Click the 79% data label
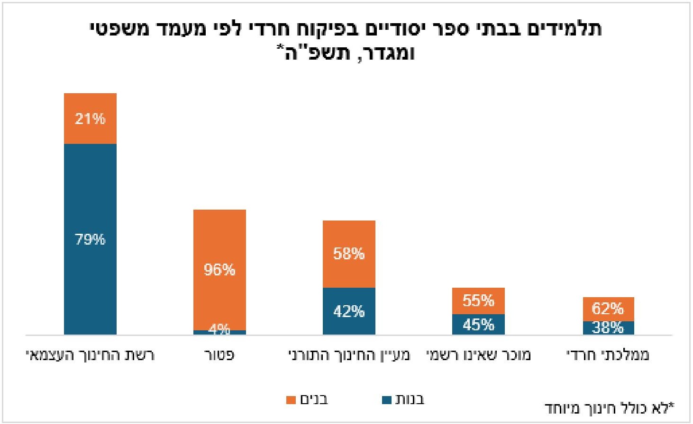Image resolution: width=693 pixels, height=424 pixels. point(90,239)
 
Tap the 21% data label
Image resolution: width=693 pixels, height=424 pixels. point(90,118)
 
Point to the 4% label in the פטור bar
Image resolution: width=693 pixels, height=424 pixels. point(219,329)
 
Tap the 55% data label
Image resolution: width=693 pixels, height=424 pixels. point(478,300)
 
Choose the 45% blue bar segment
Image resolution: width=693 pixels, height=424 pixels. point(478,325)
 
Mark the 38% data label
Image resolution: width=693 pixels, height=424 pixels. point(608,327)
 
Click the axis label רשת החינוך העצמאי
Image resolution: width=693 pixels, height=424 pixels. point(90,355)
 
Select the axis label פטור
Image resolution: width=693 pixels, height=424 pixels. point(219,355)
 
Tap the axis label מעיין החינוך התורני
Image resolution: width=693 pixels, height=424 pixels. point(349,355)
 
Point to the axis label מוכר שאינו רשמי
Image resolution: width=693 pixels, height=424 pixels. point(478,355)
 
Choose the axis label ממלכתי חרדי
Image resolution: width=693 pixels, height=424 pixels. point(608,355)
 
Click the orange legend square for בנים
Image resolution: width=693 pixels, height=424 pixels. point(291,400)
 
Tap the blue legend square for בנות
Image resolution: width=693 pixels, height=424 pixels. point(387,400)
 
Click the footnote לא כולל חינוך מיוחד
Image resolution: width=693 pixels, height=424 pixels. point(609,407)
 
